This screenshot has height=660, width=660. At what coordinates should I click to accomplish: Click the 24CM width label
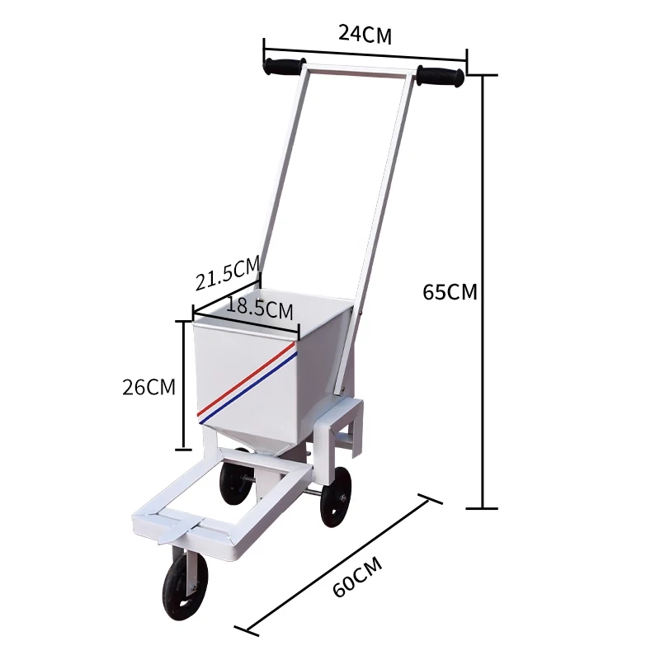tap(365, 34)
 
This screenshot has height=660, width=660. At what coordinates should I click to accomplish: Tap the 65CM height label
tap(450, 292)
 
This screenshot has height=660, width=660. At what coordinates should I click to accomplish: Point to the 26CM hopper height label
tap(148, 386)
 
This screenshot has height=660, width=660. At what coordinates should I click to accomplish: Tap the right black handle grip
tap(441, 77)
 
